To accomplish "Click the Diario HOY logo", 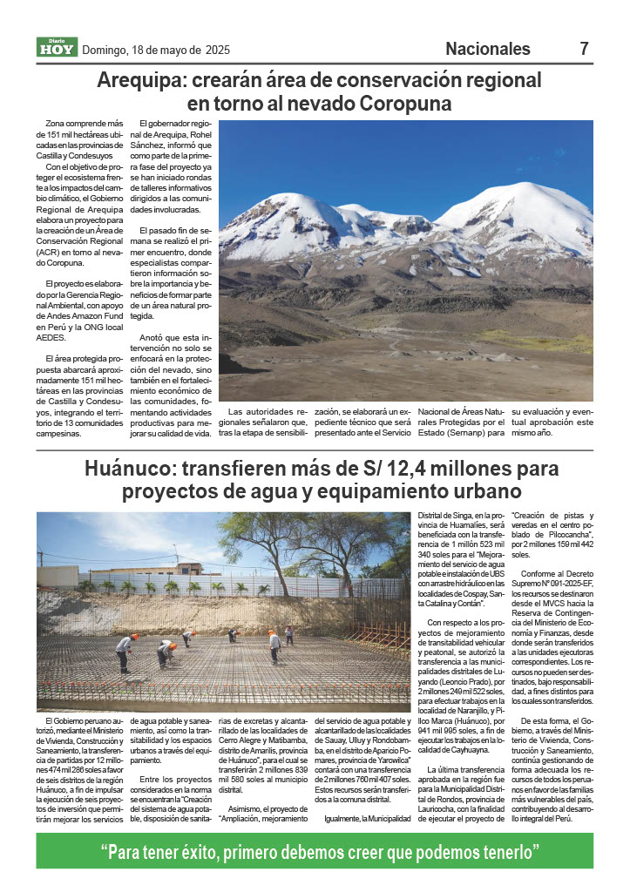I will [x=57, y=48].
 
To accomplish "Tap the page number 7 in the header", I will [x=585, y=49].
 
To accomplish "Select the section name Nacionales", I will [x=487, y=49].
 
